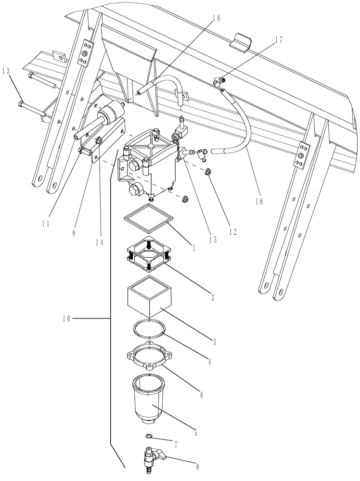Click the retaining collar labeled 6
pyautogui.click(x=149, y=360)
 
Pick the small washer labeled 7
pyautogui.click(x=150, y=436)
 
